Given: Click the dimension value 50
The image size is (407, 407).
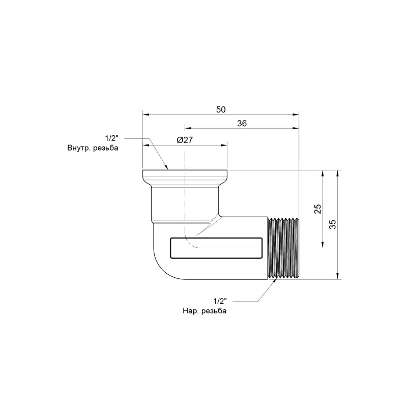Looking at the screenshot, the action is pyautogui.click(x=221, y=109).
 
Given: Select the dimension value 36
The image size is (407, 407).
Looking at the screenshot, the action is pyautogui.click(x=242, y=123).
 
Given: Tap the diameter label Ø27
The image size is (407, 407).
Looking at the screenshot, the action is pyautogui.click(x=185, y=140).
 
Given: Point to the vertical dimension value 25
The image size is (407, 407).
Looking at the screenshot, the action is pyautogui.click(x=318, y=209).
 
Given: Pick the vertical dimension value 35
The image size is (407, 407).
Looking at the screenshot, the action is pyautogui.click(x=333, y=224).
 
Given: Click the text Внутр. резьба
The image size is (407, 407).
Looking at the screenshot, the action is pyautogui.click(x=93, y=148).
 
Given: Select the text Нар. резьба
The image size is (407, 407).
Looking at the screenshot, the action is pyautogui.click(x=205, y=311).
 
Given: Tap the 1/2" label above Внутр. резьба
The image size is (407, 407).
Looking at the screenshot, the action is pyautogui.click(x=111, y=138).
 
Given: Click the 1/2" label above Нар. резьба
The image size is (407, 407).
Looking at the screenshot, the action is pyautogui.click(x=220, y=301).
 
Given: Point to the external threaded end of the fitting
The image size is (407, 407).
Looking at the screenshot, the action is pyautogui.click(x=283, y=248).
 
